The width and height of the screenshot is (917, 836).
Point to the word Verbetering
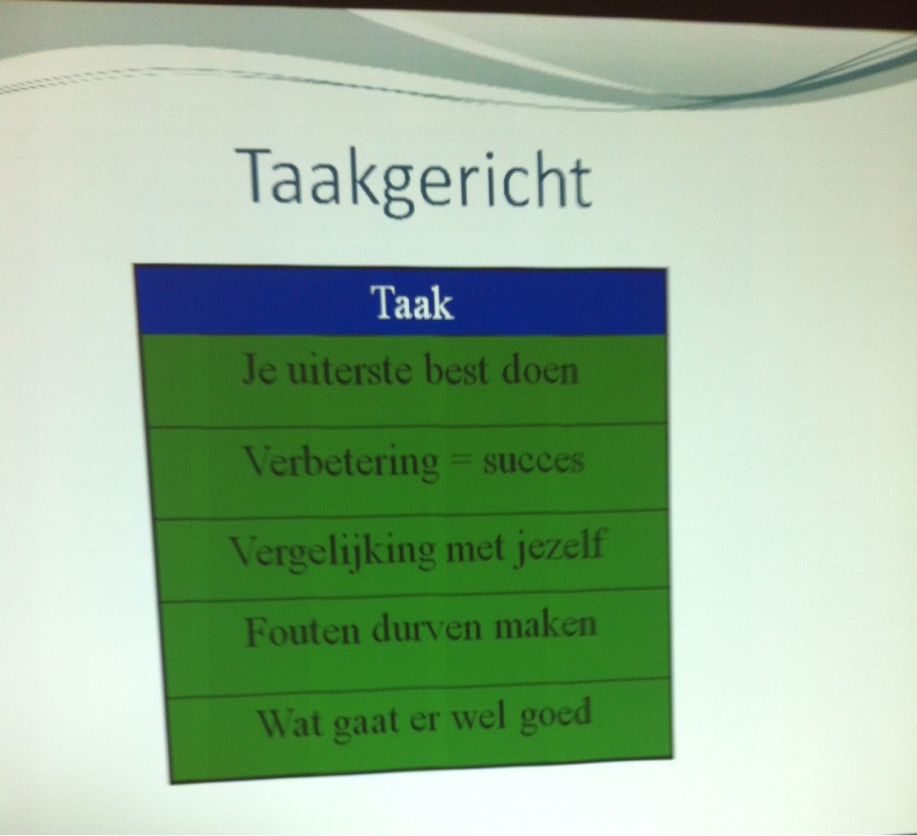pyautogui.click(x=342, y=461)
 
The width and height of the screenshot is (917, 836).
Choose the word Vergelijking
pyautogui.click(x=333, y=550)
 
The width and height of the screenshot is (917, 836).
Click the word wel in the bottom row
pyautogui.click(x=484, y=716)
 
